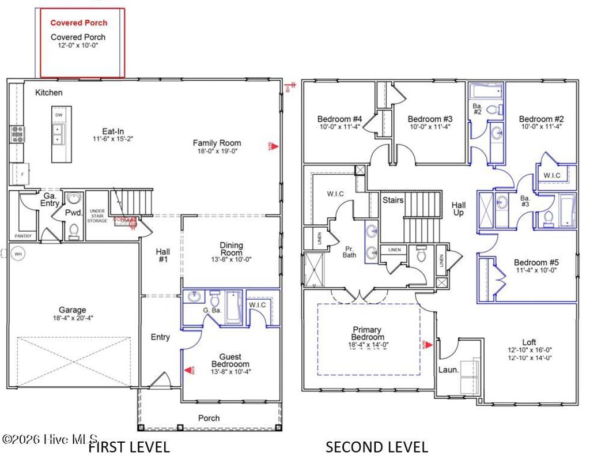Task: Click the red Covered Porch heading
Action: (x=79, y=23)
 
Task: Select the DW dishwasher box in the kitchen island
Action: (x=59, y=115)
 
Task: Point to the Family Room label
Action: (x=217, y=143)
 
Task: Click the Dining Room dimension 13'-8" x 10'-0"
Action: (x=231, y=259)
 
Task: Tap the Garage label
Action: (x=72, y=310)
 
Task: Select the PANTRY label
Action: (x=23, y=236)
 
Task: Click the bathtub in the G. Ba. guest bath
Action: (x=233, y=308)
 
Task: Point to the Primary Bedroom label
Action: (x=368, y=333)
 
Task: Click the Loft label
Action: (x=529, y=342)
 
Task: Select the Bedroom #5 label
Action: (x=536, y=262)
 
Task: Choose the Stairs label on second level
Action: (x=393, y=200)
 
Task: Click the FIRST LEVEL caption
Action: (x=128, y=447)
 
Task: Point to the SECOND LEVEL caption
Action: (x=377, y=447)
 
